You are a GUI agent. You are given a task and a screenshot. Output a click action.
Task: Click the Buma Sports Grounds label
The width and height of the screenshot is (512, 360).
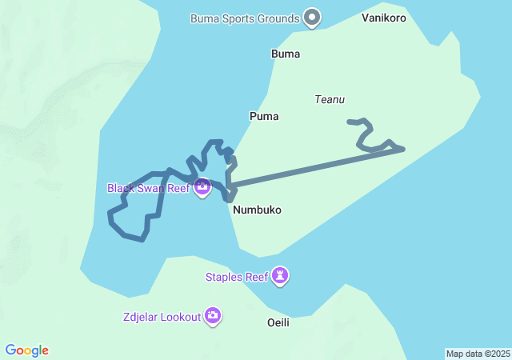click(245, 18)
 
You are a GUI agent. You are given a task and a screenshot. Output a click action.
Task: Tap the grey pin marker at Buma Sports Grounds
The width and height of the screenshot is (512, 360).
click(313, 17)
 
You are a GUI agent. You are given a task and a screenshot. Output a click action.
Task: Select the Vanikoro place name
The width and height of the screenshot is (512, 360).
click(384, 18)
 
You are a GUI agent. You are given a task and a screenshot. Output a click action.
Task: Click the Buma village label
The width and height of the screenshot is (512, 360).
click(286, 54)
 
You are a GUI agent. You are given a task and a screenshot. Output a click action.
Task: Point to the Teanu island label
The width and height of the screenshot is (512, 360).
click(330, 100)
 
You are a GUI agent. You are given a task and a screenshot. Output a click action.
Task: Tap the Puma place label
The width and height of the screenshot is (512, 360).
click(264, 116)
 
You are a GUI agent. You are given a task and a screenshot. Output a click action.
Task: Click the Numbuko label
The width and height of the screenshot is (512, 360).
click(258, 210)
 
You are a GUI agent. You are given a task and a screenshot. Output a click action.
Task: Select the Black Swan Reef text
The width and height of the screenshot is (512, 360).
click(148, 188)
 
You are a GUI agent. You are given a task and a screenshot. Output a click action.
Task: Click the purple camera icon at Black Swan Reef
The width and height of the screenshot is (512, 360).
click(202, 188)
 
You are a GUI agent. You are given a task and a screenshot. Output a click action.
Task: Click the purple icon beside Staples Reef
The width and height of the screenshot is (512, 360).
click(280, 277)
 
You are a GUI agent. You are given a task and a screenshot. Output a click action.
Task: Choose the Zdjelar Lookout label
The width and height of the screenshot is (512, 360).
click(162, 317)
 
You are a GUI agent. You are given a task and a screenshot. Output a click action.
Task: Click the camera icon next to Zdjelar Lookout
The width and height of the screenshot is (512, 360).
click(213, 316)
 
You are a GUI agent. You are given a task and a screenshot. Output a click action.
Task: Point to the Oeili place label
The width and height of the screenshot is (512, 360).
click(278, 322)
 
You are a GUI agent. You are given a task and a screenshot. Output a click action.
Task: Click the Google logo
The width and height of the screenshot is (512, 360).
click(27, 350)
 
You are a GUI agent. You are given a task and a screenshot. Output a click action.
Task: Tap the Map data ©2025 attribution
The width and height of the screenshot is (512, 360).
click(477, 354)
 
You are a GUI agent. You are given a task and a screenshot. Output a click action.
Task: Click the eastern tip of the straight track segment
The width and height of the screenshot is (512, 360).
click(402, 149)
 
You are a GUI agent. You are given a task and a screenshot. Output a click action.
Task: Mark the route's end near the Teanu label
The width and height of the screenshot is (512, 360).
click(350, 122)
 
